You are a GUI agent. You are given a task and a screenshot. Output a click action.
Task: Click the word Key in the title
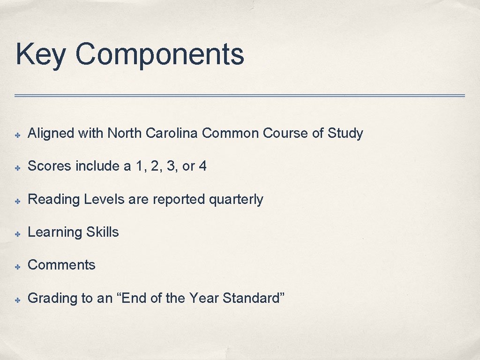coord(41,54)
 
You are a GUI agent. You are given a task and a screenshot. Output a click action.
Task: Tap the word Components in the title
coord(159,54)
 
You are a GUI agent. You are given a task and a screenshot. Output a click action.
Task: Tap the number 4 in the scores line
coord(202,166)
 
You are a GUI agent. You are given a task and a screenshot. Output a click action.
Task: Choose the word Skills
coord(103,232)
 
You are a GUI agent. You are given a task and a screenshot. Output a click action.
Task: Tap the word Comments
coord(61,265)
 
